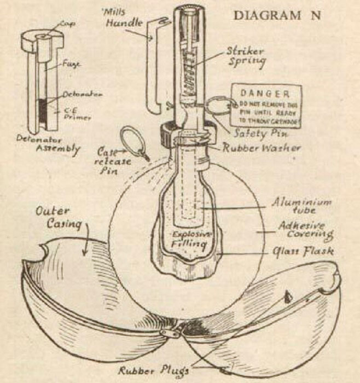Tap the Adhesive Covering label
(306, 230)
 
